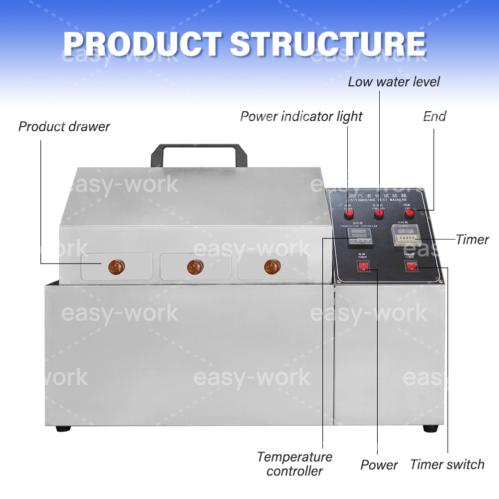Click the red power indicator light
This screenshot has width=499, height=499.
click(x=348, y=214)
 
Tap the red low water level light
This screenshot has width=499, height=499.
click(x=379, y=213)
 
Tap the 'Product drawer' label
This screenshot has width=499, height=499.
click(x=64, y=126)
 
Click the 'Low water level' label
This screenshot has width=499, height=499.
click(x=394, y=82)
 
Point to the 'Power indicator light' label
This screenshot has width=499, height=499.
click(x=301, y=117)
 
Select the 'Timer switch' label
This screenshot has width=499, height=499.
click(x=447, y=465)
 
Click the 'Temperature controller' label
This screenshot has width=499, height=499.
click(x=294, y=464)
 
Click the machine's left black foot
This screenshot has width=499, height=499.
click(x=63, y=428)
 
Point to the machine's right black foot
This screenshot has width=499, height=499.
click(x=430, y=428)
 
